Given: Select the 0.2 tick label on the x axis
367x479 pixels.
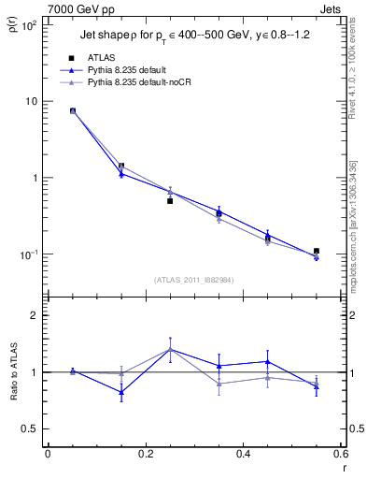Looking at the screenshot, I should pos(145,455).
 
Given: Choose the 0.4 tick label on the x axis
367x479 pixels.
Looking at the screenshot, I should pos(243,455).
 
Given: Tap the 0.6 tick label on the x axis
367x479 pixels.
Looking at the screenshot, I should pos(339,455).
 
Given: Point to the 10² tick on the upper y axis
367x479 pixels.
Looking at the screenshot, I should pos(31,24).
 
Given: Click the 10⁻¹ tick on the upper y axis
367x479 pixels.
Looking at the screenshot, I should pos(31,254).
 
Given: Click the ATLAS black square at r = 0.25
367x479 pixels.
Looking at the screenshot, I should pos(170,200).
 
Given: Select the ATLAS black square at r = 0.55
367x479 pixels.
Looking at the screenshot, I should pos(317,251).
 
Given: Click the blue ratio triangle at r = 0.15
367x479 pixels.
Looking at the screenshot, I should pos(121,392).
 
